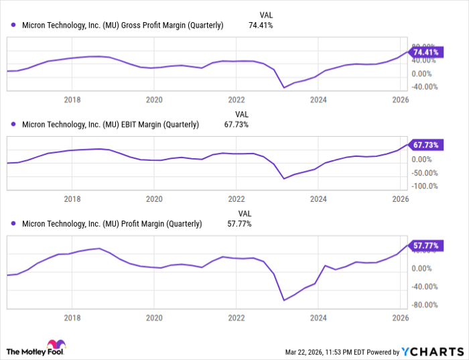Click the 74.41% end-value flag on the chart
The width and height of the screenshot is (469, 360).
[x=426, y=52]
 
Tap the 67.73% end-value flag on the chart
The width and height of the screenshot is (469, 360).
[x=426, y=145]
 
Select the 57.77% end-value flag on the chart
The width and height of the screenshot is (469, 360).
[x=426, y=247]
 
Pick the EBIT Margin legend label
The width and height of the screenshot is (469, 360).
[x=111, y=124]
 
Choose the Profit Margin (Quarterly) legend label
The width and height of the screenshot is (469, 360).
[x=112, y=224]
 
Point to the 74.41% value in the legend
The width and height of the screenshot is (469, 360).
[x=261, y=25]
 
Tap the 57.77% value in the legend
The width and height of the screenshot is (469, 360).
[x=239, y=224]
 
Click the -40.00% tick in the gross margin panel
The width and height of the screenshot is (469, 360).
[x=425, y=86]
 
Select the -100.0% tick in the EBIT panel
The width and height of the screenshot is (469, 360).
[x=425, y=186]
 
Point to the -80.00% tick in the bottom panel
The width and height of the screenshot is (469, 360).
[x=425, y=305]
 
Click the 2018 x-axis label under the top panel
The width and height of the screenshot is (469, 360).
[x=72, y=100]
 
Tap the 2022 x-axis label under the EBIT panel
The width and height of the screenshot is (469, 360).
[x=236, y=199]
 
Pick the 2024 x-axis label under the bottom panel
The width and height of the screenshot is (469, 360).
[x=318, y=318]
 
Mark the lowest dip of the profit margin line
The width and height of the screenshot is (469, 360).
[x=284, y=300]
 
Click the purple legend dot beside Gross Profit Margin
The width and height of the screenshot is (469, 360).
[x=13, y=25]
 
